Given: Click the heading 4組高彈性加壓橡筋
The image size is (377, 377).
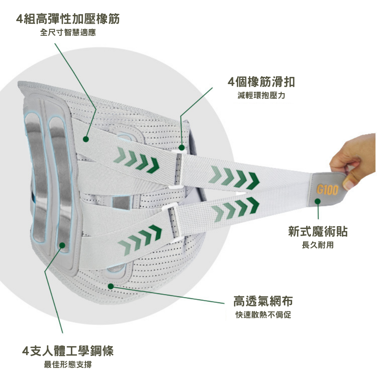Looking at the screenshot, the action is point(68,18).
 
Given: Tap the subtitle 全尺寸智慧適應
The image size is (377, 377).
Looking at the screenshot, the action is point(68,33).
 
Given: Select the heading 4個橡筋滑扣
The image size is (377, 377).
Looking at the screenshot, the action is point(261,81).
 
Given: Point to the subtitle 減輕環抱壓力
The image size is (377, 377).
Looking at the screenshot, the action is point(261,95).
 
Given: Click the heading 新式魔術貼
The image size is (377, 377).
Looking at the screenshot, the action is point(318,231).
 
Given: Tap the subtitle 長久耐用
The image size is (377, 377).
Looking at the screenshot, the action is point(318,245).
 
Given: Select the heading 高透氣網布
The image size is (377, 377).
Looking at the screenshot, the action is point(263,301).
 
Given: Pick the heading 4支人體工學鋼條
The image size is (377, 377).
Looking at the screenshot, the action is point(68,351).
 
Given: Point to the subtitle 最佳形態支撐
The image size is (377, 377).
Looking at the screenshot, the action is point(68,365).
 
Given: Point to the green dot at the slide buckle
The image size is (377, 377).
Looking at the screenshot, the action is point(181,147).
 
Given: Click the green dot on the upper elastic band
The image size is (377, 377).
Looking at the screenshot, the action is point(86,139).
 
